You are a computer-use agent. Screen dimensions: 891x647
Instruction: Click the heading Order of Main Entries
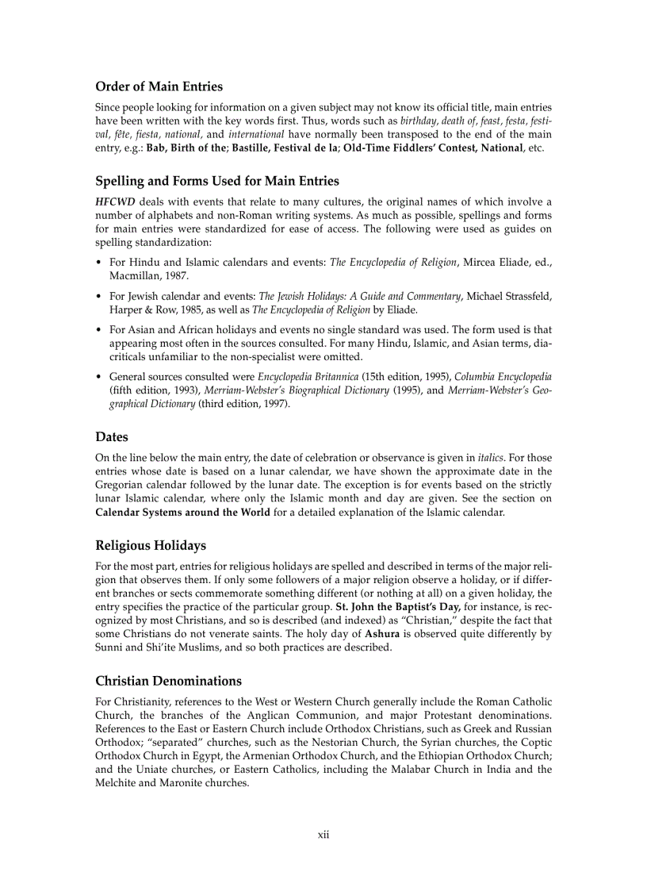(159, 86)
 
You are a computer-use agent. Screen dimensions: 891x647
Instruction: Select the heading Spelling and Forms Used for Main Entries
(216, 181)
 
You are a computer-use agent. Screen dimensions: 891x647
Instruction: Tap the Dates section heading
(111, 436)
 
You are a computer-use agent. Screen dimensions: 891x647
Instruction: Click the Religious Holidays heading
(150, 545)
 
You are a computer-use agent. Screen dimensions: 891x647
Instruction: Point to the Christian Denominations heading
(168, 681)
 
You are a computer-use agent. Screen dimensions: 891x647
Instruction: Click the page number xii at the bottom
(323, 834)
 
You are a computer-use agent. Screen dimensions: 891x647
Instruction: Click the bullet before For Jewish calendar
(98, 296)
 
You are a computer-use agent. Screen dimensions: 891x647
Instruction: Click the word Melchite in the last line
(117, 782)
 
